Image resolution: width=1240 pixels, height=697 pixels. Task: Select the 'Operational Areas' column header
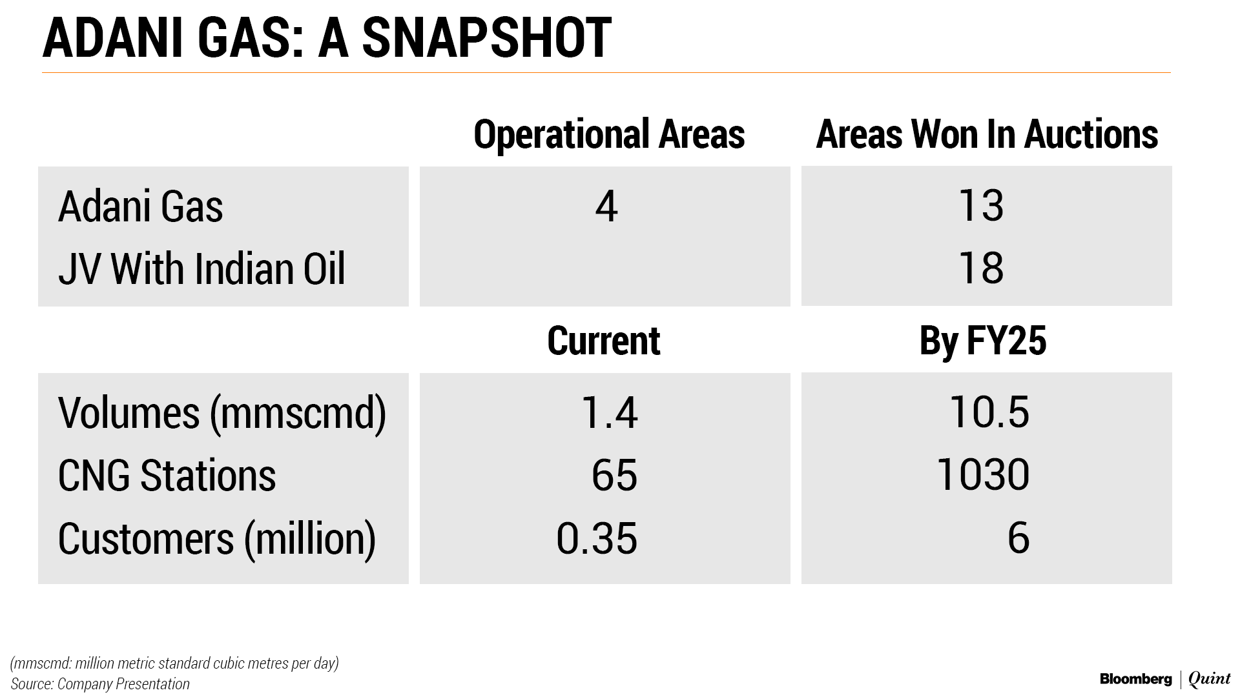(x=609, y=134)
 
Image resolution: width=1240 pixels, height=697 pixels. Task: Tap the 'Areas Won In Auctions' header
(x=987, y=134)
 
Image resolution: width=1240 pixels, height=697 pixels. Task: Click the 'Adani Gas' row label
(x=140, y=207)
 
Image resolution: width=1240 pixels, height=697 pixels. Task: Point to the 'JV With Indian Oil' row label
(x=201, y=268)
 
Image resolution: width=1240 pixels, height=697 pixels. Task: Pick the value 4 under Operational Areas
(x=606, y=207)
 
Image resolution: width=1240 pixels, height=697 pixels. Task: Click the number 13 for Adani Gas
(x=981, y=207)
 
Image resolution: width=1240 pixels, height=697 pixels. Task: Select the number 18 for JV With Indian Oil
(x=981, y=268)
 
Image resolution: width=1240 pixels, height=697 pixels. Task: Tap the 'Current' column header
(x=604, y=341)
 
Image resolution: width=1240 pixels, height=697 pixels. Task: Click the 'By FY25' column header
(x=982, y=341)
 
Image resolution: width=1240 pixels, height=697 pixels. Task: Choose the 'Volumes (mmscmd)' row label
(x=222, y=413)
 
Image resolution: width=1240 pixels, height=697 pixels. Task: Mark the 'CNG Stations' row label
(x=167, y=476)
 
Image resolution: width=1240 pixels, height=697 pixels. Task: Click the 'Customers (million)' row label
(x=217, y=540)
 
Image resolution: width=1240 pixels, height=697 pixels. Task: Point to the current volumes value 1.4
(x=610, y=413)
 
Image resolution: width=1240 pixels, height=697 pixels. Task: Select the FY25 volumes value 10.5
(x=989, y=413)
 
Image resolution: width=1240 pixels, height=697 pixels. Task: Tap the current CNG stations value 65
(x=614, y=476)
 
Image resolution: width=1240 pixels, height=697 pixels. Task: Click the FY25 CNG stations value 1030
(x=982, y=476)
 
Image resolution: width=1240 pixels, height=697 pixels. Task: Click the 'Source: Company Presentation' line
(x=100, y=684)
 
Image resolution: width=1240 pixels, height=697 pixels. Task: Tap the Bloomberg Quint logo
(x=1165, y=679)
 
